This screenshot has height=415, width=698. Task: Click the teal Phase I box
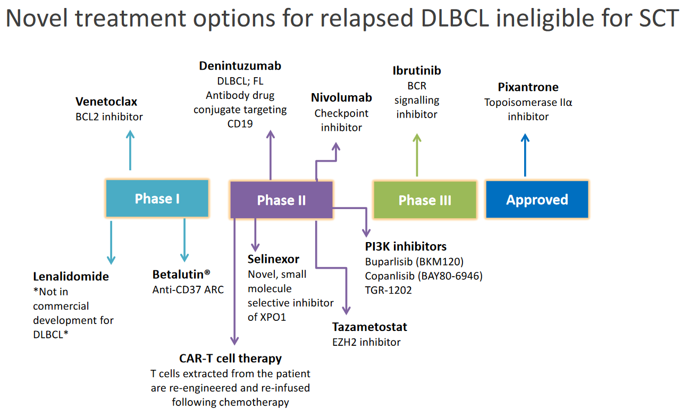pyautogui.click(x=157, y=198)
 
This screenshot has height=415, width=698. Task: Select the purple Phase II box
pyautogui.click(x=282, y=200)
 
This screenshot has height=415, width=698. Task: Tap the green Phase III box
pyautogui.click(x=425, y=200)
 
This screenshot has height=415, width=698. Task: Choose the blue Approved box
pyautogui.click(x=537, y=199)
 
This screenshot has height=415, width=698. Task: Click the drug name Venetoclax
pyautogui.click(x=106, y=102)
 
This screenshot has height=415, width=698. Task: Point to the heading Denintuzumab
pyautogui.click(x=240, y=66)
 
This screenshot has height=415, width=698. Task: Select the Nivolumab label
pyautogui.click(x=341, y=97)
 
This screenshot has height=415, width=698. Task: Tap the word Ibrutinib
pyautogui.click(x=417, y=70)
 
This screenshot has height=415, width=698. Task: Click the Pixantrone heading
pyautogui.click(x=528, y=87)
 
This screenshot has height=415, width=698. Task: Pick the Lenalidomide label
pyautogui.click(x=71, y=276)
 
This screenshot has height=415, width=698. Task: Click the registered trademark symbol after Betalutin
pyautogui.click(x=207, y=272)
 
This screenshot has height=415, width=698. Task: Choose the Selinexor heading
pyautogui.click(x=273, y=259)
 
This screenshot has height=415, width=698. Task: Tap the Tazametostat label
pyautogui.click(x=369, y=327)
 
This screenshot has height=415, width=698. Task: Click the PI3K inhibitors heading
pyautogui.click(x=406, y=246)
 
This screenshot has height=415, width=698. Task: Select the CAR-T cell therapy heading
pyautogui.click(x=230, y=359)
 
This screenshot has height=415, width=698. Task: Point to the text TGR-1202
pyautogui.click(x=388, y=290)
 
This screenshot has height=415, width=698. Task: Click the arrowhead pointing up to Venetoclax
pyautogui.click(x=130, y=135)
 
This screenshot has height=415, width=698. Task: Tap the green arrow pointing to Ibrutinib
pyautogui.click(x=417, y=155)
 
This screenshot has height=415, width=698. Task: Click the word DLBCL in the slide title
pyautogui.click(x=455, y=18)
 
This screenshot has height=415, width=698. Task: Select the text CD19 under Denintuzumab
pyautogui.click(x=240, y=124)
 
